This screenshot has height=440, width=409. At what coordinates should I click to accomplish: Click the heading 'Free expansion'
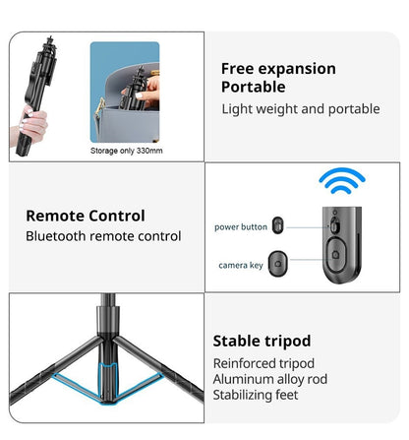pyautogui.click(x=278, y=69)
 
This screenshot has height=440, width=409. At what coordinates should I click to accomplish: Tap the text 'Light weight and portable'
pyautogui.click(x=301, y=109)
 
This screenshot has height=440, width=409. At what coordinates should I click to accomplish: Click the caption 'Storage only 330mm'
pyautogui.click(x=127, y=151)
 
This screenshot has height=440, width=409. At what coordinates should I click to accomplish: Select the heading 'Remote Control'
pyautogui.click(x=86, y=216)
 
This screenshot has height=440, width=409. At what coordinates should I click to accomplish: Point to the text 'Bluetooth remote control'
pyautogui.click(x=103, y=236)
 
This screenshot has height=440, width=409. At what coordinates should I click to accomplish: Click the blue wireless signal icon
pyautogui.click(x=342, y=181)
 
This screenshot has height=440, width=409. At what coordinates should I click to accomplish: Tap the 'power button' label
pyautogui.click(x=241, y=227)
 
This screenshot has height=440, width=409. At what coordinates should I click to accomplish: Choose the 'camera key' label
pyautogui.click(x=241, y=265)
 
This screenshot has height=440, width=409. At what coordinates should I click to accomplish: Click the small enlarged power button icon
pyautogui.click(x=277, y=225)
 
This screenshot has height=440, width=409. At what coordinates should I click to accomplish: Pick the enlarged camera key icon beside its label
pyautogui.click(x=277, y=264)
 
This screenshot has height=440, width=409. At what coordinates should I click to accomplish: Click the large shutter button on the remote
pyautogui.click(x=335, y=254)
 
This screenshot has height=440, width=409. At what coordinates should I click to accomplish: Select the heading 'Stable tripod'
pyautogui.click(x=262, y=342)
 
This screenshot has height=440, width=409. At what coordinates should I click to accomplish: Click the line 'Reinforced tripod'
pyautogui.click(x=263, y=363)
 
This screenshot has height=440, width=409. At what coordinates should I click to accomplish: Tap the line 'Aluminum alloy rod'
pyautogui.click(x=270, y=379)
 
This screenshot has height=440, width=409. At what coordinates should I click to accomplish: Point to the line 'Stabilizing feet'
pyautogui.click(x=256, y=395)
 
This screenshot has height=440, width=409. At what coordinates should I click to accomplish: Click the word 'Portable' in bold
pyautogui.click(x=254, y=88)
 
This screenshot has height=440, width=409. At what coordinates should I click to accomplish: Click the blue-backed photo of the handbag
pyautogui.click(x=125, y=93)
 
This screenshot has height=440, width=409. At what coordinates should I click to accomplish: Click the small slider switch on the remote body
pyautogui.click(x=333, y=226)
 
